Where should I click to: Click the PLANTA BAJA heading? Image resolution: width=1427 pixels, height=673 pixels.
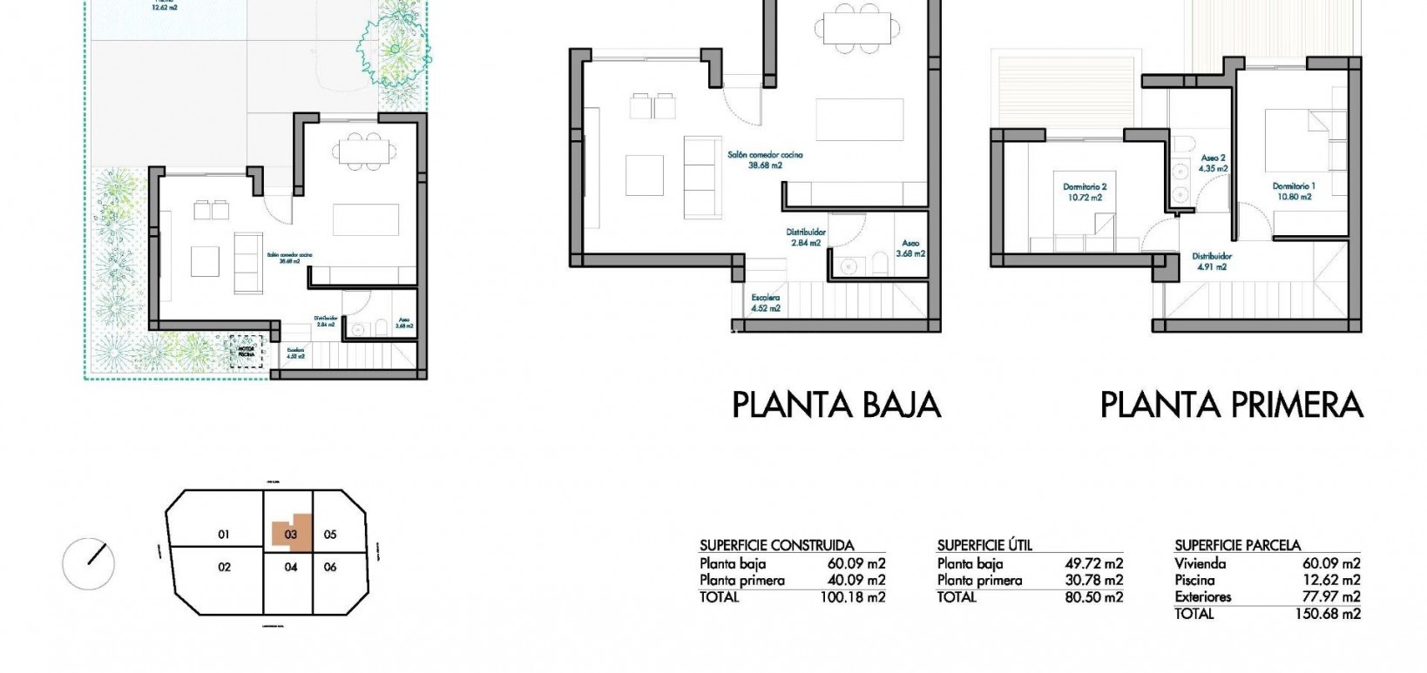(835, 406)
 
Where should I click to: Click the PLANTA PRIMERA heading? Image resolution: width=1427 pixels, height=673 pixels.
(1231, 406)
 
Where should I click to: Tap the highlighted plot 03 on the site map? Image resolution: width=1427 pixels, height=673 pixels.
(291, 535)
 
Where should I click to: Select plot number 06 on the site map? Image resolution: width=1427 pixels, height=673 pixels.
(329, 567)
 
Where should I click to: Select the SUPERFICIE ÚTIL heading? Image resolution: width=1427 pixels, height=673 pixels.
(984, 546)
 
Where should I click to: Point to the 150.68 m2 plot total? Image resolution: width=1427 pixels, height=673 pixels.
(1328, 614)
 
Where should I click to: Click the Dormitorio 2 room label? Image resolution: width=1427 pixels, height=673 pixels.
(1085, 192)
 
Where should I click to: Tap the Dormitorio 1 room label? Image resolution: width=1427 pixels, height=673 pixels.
(1294, 192)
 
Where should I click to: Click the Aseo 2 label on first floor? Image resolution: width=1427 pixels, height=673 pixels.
(1214, 164)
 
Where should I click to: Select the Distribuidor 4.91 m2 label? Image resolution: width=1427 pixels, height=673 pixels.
(1212, 262)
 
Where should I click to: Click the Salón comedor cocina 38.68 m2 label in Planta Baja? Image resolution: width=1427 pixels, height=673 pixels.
(765, 159)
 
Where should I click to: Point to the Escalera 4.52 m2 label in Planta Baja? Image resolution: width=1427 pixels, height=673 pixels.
(766, 303)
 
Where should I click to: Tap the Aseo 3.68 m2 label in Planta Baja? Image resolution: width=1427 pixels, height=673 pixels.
(910, 249)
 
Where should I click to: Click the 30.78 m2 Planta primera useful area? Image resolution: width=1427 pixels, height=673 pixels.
(1093, 581)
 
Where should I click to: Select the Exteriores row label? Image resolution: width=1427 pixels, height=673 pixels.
(1202, 597)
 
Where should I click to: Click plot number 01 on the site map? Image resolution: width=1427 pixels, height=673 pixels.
(223, 535)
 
